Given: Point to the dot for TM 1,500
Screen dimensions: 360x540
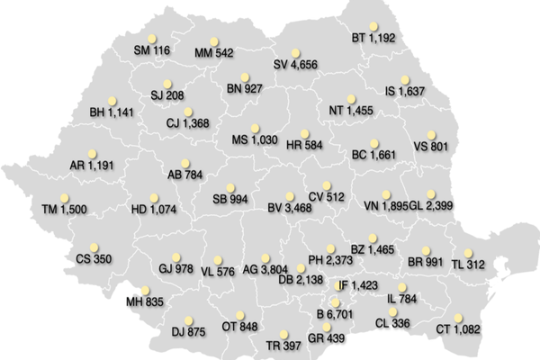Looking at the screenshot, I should (64, 197).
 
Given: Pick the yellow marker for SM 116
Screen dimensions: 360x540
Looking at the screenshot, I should (151, 38).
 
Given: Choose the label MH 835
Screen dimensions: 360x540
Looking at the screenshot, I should (145, 301).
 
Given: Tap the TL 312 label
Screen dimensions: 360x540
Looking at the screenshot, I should (469, 265).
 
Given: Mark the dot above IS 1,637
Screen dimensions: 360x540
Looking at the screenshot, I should (406, 78).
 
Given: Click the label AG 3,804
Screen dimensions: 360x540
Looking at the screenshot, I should (263, 269).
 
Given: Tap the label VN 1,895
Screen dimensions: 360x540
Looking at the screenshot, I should (386, 205).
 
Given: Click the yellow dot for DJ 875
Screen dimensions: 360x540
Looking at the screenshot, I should (188, 319).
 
